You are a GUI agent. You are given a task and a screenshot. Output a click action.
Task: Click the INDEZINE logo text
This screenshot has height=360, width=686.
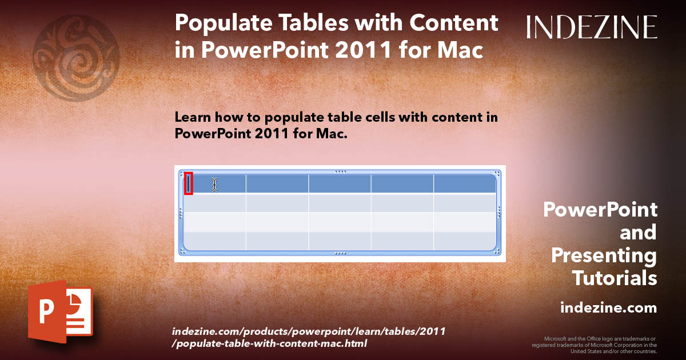click(x=592, y=27)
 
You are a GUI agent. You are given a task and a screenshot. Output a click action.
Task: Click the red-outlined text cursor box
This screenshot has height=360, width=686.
click(x=189, y=183)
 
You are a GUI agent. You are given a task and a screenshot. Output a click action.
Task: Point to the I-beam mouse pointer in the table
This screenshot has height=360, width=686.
click(x=214, y=184)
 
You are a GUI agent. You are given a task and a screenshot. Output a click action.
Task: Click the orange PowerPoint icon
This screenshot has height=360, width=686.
click(x=59, y=312)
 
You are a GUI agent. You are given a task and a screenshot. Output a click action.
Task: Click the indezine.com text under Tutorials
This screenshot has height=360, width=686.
click(x=608, y=308)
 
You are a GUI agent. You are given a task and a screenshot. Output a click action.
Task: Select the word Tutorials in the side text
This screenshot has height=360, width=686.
click(x=615, y=278)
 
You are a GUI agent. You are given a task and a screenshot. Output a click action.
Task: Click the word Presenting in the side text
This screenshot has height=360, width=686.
click(x=604, y=255)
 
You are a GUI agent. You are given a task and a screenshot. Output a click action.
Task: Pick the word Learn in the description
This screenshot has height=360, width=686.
click(x=190, y=117)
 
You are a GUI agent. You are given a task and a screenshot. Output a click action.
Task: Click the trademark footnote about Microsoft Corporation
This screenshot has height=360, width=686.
click(x=595, y=345)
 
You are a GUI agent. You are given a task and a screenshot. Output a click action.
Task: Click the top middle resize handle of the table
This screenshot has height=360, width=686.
click(x=340, y=171)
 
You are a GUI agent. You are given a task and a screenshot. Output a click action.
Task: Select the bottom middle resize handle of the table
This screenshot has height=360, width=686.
click(x=340, y=252)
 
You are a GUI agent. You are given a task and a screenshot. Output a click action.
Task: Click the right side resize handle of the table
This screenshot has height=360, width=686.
click(x=500, y=212)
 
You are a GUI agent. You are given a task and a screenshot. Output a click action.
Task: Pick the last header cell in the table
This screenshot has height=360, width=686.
click(x=464, y=183)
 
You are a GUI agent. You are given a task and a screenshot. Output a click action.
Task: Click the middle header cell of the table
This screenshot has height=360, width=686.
click(x=340, y=183)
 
